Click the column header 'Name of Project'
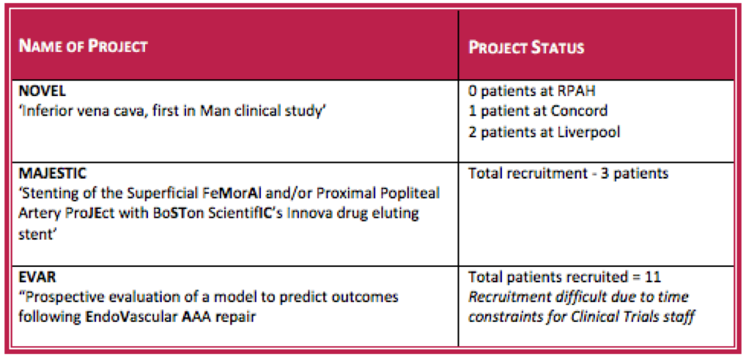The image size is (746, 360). click(84, 47)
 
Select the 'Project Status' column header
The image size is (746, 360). click(526, 48)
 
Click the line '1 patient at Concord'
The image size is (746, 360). click(538, 111)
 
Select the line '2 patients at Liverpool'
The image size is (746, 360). click(544, 131)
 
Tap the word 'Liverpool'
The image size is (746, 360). click(588, 131)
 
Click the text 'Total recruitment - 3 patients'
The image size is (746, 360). click(569, 174)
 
